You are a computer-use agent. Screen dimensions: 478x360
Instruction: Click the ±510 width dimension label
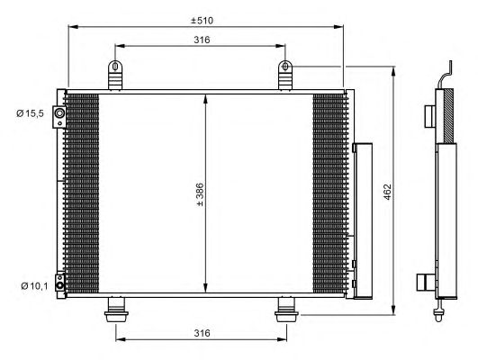pyautogui.click(x=202, y=21)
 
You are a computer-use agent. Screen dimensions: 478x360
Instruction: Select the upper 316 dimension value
pyautogui.click(x=202, y=40)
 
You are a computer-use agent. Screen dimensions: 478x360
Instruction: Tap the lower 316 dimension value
pyautogui.click(x=202, y=333)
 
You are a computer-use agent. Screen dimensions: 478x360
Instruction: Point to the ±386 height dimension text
pyautogui.click(x=200, y=194)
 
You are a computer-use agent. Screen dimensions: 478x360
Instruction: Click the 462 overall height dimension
pyautogui.click(x=387, y=192)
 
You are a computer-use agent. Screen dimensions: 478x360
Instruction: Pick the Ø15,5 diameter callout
pyautogui.click(x=31, y=113)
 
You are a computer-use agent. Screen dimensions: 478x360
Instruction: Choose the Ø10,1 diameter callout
pyautogui.click(x=34, y=286)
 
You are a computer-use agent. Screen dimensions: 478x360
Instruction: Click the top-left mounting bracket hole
pyautogui.click(x=115, y=66)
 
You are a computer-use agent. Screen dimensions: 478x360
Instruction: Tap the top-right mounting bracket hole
pyautogui.click(x=285, y=66)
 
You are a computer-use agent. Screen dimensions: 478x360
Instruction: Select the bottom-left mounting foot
pyautogui.click(x=116, y=310)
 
